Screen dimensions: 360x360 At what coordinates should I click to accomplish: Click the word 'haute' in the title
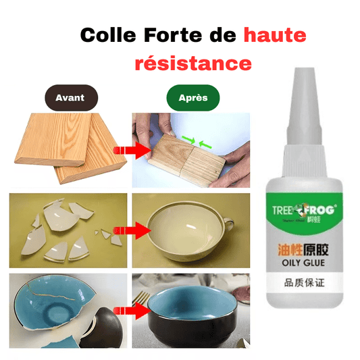coord(275,35)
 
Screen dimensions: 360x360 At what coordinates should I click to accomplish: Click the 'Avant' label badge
coord(70,98)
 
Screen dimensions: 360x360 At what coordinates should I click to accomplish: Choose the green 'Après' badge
coord(192,98)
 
